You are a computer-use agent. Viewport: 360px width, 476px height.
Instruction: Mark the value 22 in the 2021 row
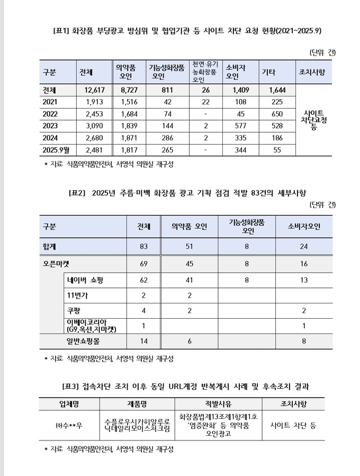coord(205,102)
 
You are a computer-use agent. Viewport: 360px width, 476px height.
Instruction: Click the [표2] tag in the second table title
coord(78,192)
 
